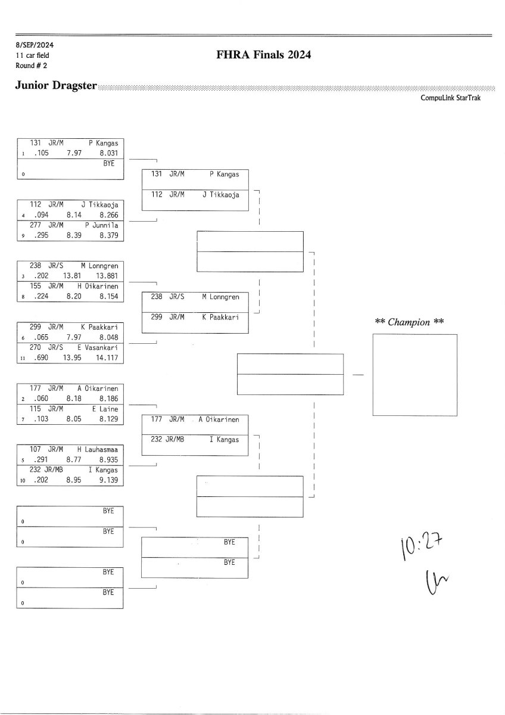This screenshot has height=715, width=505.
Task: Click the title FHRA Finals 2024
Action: coord(264,55)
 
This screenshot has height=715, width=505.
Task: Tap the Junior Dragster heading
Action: coord(56,86)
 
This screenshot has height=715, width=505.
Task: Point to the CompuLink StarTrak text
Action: coord(450,98)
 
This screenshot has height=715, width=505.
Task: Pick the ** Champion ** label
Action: coord(410,322)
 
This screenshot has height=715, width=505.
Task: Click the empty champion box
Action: coord(414,375)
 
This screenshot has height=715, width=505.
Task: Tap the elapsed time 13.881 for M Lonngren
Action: coord(107,276)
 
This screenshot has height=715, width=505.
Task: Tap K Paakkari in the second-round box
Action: coord(220,317)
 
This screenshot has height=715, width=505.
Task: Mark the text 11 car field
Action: coord(33,55)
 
